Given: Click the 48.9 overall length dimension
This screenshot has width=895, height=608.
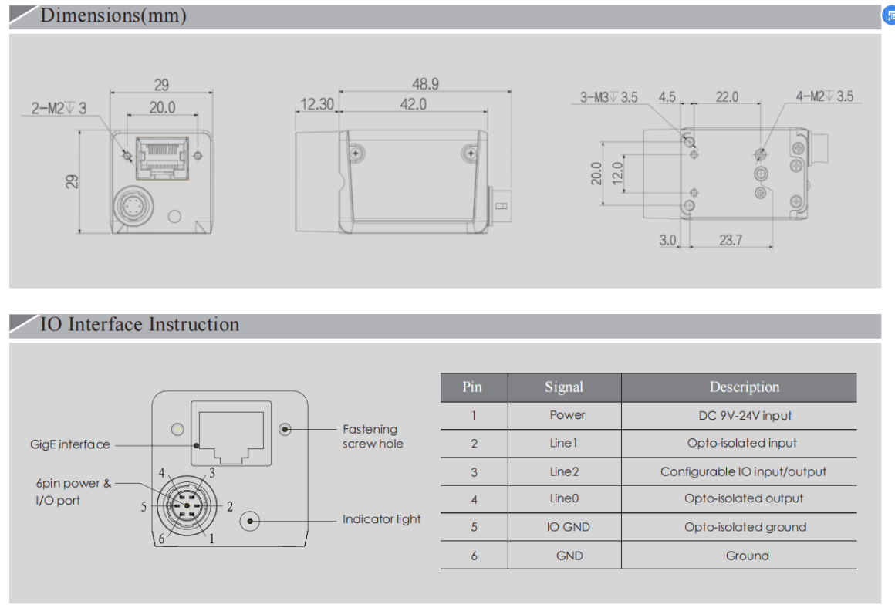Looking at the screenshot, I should (x=425, y=84).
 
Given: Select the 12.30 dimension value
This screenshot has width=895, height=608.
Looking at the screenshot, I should (x=316, y=104).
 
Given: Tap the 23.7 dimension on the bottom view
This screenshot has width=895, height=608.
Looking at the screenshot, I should (x=730, y=240).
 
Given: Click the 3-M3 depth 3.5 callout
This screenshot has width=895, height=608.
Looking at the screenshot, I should (x=609, y=97).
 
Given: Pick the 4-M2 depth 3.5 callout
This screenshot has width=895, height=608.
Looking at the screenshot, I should (x=824, y=97).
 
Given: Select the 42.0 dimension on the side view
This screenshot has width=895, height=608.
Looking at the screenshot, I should (x=413, y=104).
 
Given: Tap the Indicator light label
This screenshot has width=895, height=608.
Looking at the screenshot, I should (x=381, y=519).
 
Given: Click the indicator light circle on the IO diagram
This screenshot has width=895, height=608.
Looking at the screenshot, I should (x=250, y=522).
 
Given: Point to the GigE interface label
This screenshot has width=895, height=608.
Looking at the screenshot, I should (x=70, y=444).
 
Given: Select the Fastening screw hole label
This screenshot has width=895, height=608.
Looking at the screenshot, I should (x=373, y=436).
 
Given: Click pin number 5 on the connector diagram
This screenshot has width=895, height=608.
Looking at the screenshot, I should (x=144, y=507).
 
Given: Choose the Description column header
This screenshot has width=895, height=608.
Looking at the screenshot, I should (x=744, y=387).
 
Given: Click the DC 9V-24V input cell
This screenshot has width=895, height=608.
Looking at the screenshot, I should (x=745, y=415).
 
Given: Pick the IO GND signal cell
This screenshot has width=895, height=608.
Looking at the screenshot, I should (x=568, y=527).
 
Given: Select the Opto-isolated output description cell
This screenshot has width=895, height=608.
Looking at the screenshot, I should (x=744, y=498).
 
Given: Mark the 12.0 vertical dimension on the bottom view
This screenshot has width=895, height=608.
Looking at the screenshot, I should (x=615, y=173).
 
